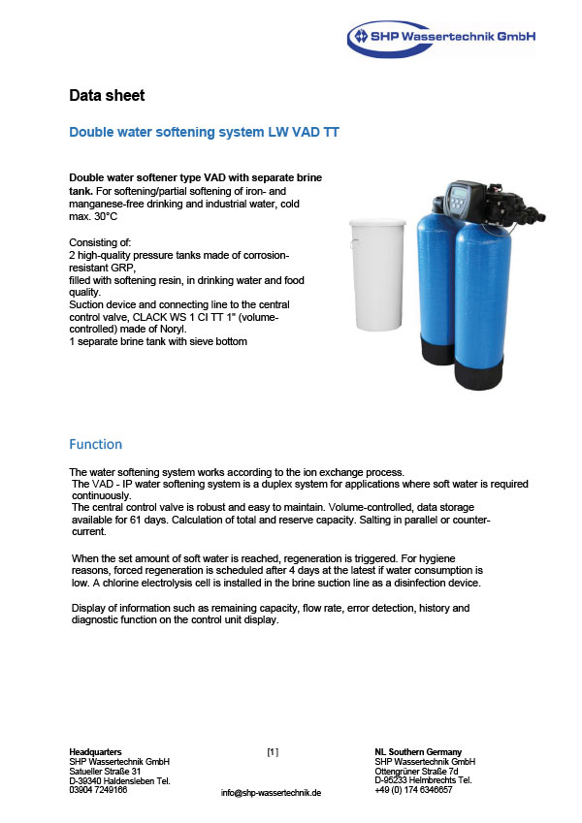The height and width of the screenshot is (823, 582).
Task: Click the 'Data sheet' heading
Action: [x=107, y=95]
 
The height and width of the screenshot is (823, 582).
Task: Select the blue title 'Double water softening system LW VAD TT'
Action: [x=203, y=132]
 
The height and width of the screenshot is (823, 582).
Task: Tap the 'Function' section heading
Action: [x=95, y=444]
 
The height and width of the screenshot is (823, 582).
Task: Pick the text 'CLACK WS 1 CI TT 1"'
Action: [x=199, y=317]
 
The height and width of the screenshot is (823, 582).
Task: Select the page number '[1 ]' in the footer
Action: [x=273, y=751]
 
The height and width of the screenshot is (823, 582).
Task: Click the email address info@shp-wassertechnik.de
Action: [x=271, y=792]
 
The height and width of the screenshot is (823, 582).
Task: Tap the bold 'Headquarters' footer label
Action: [x=95, y=751]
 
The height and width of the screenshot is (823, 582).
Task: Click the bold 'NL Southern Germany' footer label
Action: [x=418, y=751]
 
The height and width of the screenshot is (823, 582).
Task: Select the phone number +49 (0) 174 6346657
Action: [x=413, y=789]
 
